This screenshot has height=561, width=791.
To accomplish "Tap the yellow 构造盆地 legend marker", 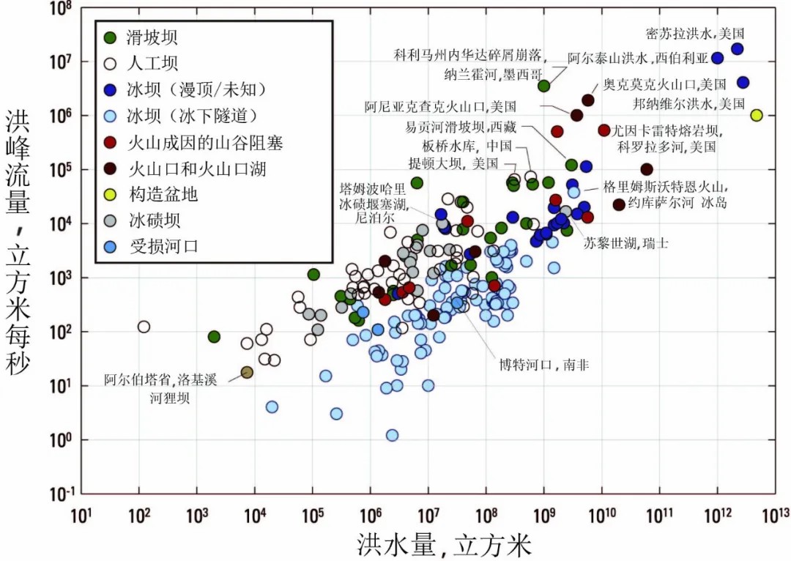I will (110, 195).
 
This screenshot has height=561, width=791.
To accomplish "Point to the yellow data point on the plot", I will (757, 115).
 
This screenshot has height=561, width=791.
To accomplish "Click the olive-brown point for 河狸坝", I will (247, 372).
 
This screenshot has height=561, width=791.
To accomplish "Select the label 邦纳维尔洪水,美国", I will (699, 104).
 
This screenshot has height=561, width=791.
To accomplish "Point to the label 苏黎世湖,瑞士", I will (625, 242).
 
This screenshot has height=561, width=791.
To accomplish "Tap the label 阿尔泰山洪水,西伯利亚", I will (639, 58).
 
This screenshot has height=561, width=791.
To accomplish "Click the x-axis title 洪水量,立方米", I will (443, 545).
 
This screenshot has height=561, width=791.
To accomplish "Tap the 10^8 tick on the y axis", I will (59, 9).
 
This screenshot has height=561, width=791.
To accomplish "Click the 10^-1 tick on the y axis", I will (58, 494).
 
